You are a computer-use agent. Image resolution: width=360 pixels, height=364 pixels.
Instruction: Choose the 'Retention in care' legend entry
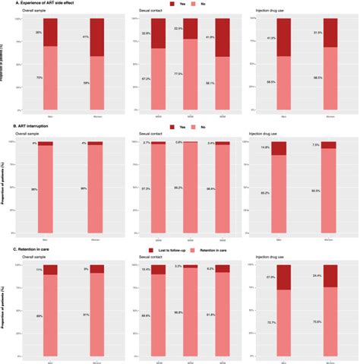[x=220, y=249]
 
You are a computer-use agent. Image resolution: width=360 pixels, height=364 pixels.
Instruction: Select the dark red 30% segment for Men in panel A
[x=51, y=32]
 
